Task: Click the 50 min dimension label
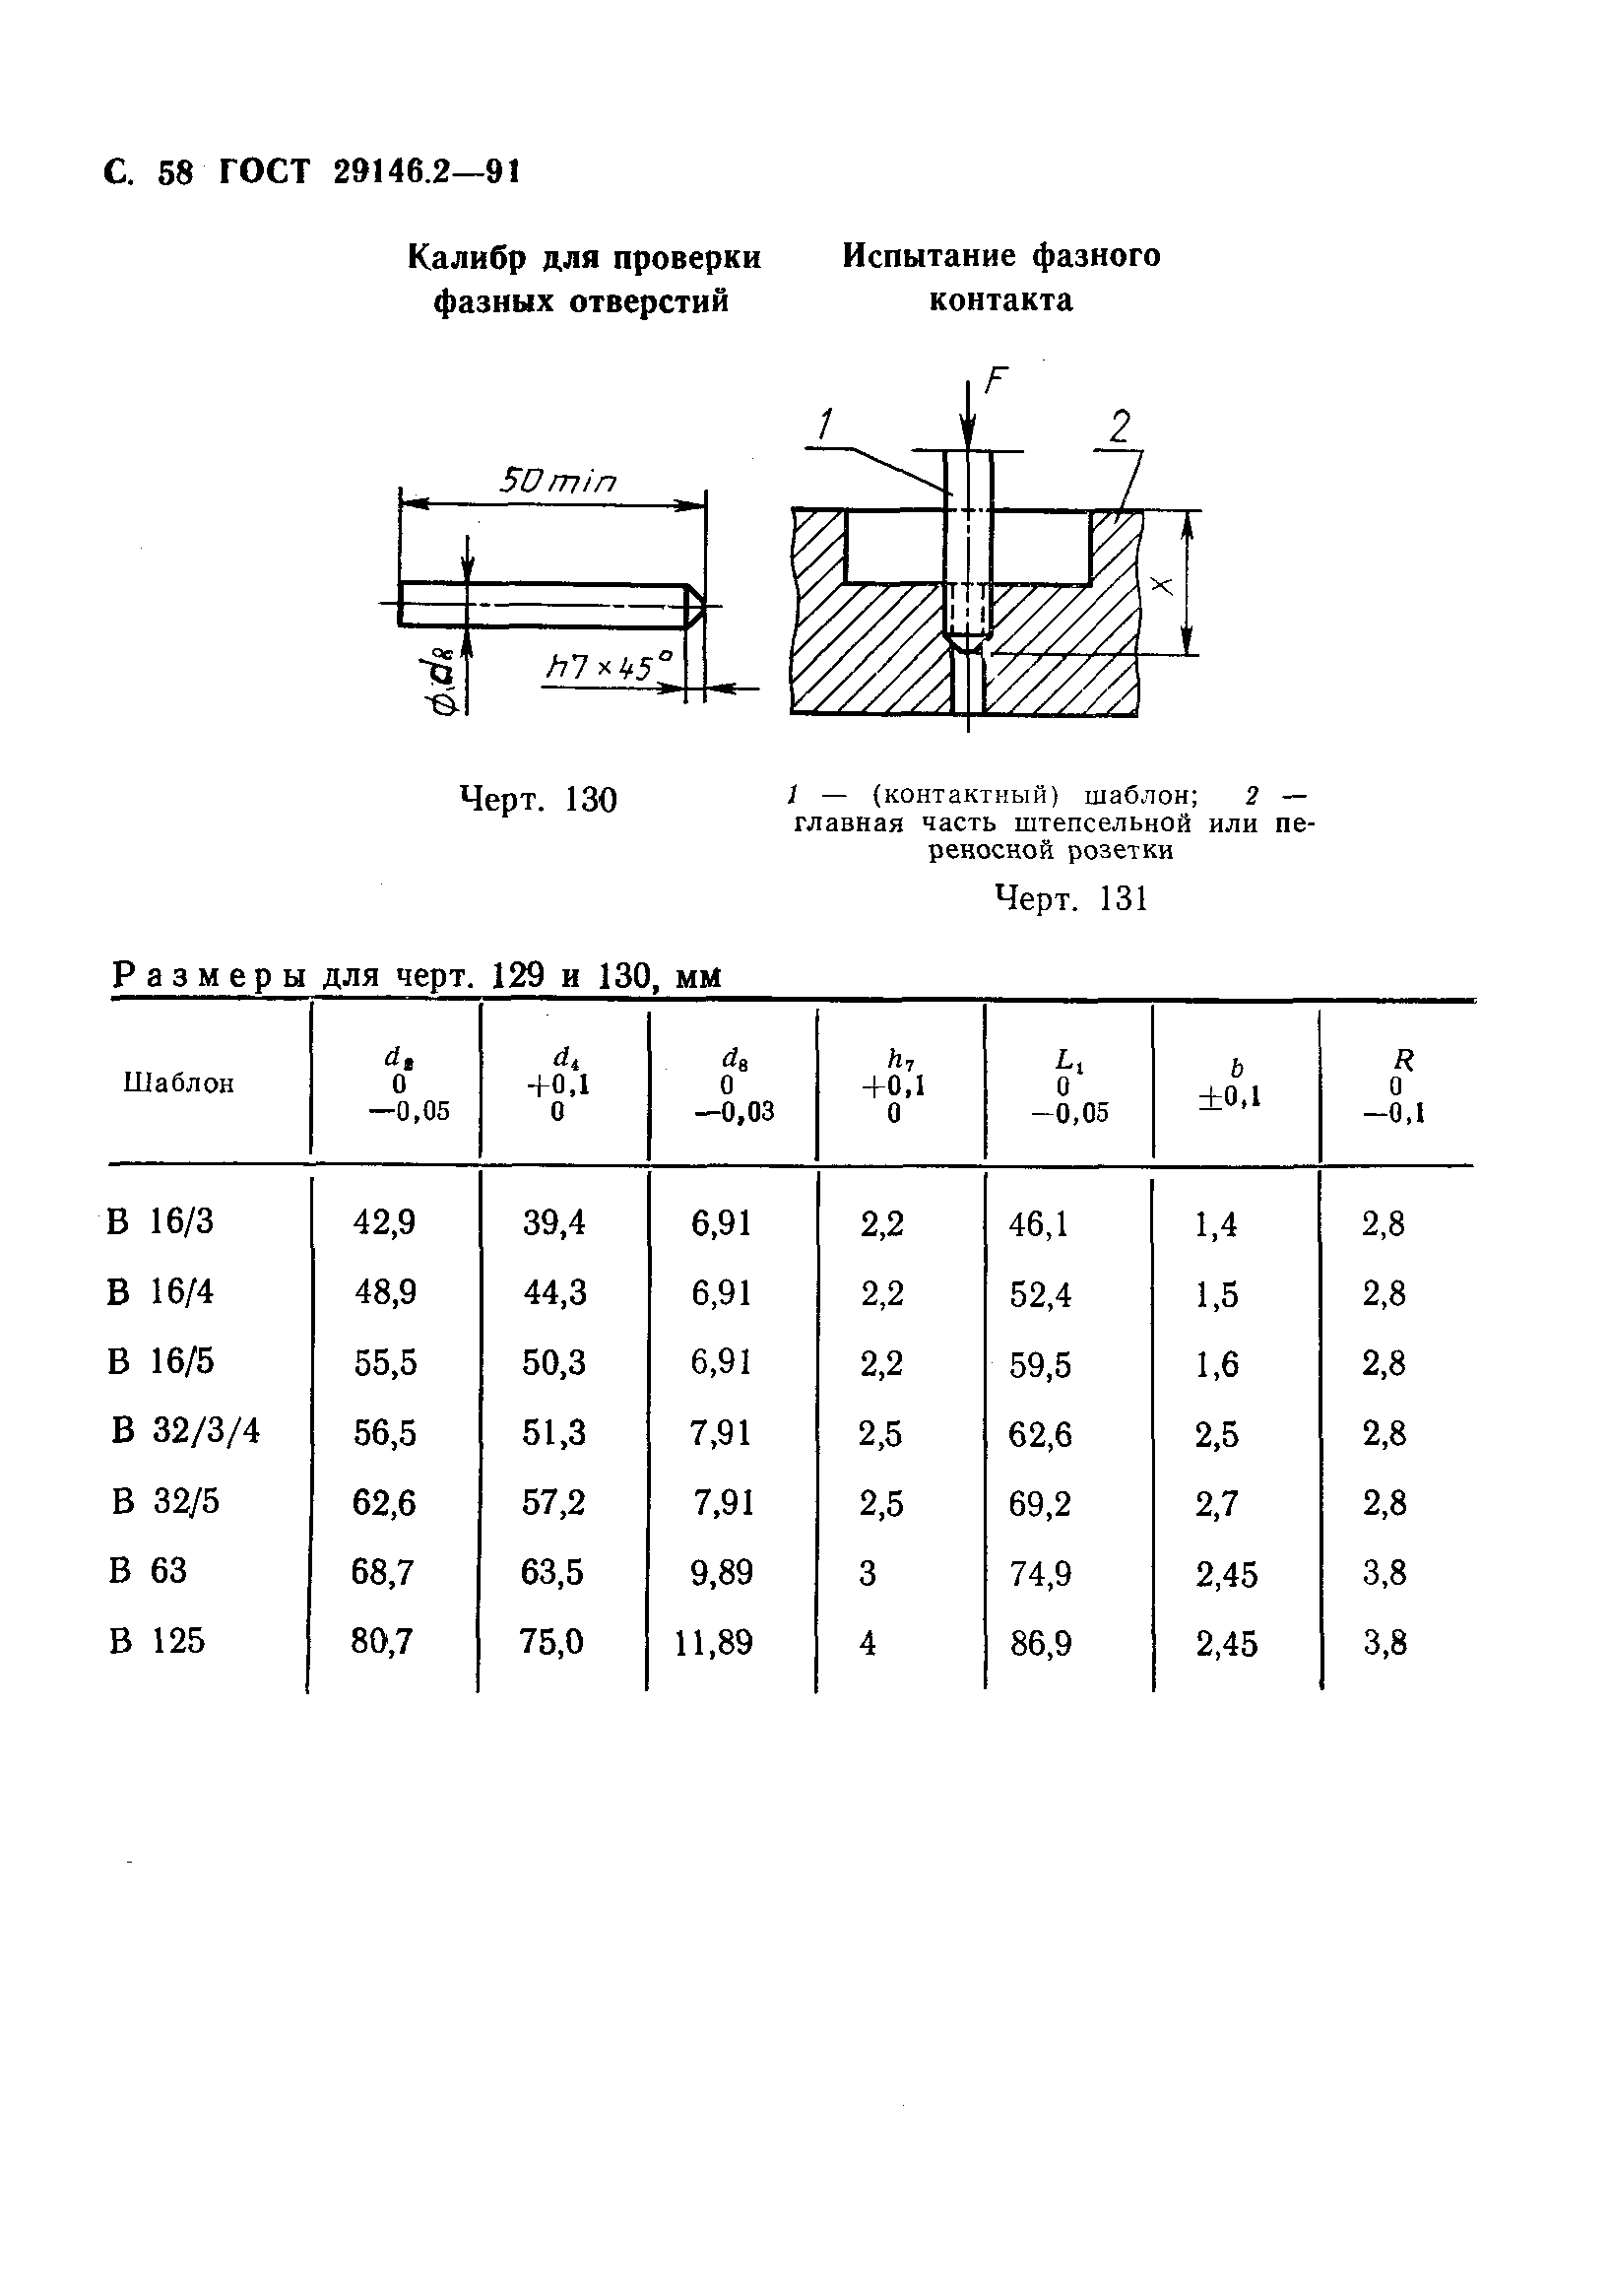point(557,483)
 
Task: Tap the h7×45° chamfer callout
point(609,667)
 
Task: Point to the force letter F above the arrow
point(997,381)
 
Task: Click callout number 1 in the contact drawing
point(823,426)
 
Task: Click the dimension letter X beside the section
point(1161,585)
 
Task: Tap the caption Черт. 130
point(538,800)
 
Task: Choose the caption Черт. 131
point(1072,898)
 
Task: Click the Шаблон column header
point(179,1083)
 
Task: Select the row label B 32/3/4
point(186,1431)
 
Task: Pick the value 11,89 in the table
point(713,1642)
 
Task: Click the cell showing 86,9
point(1041,1643)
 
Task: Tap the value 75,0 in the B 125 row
point(551,1641)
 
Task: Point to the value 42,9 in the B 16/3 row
point(385,1222)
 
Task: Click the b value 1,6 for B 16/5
point(1216,1364)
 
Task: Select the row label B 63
point(148,1571)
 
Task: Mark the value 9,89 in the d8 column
point(721,1572)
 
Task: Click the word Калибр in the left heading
point(468,258)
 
